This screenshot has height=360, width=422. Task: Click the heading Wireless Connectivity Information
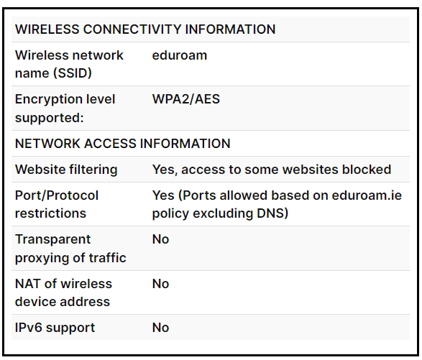(x=145, y=29)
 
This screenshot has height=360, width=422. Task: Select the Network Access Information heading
(x=123, y=144)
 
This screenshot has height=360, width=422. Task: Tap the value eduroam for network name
(x=180, y=55)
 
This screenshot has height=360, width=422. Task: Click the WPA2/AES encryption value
(x=186, y=99)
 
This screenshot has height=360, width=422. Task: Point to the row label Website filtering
(x=66, y=170)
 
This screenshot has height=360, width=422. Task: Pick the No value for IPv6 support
(x=160, y=328)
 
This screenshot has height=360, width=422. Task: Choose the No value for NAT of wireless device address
(x=160, y=284)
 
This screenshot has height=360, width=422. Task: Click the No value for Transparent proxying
(x=160, y=239)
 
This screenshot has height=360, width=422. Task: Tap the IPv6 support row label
(x=55, y=328)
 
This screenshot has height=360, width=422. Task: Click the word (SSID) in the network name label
(x=73, y=73)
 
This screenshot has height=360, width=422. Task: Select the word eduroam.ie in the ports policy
(x=367, y=195)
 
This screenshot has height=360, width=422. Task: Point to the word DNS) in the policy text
(x=272, y=213)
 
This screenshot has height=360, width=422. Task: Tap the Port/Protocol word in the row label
(x=57, y=195)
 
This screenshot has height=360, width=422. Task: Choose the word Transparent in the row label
(x=52, y=239)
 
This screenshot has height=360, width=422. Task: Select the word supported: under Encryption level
(x=50, y=118)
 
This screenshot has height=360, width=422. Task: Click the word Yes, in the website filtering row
(x=165, y=170)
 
